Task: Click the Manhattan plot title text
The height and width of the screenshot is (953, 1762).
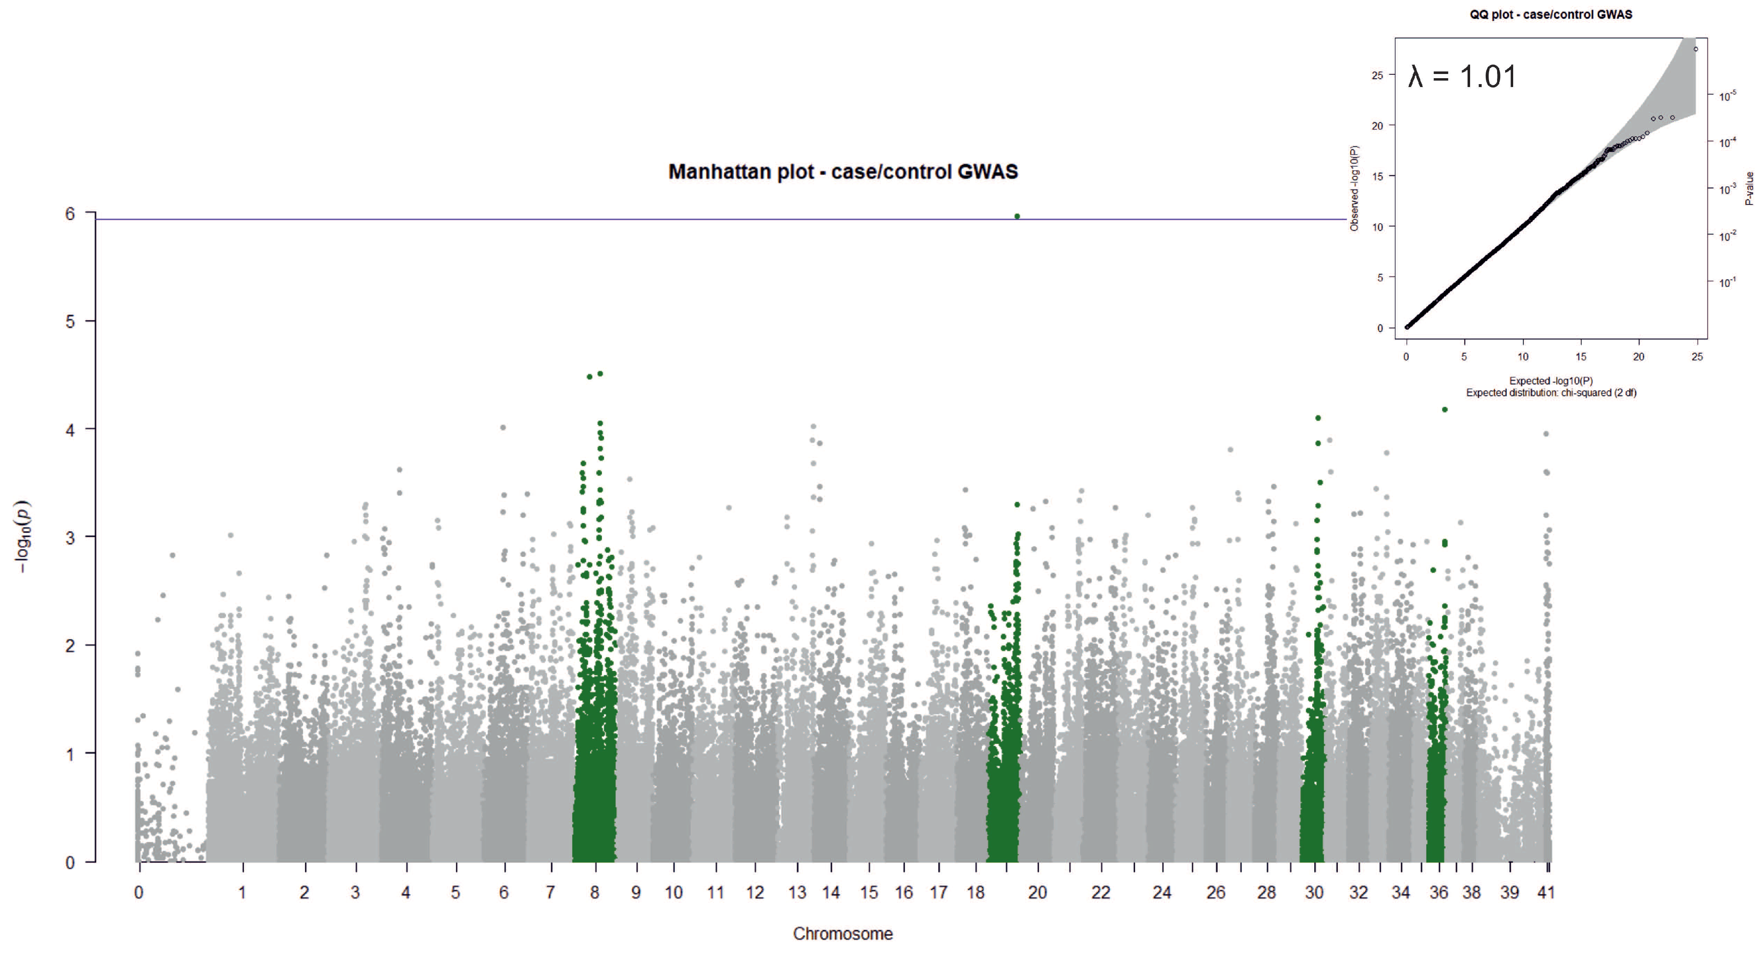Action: coord(843,172)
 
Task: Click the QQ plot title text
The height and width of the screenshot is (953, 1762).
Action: coord(1551,14)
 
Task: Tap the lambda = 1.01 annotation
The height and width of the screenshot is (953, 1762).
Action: coord(1463,76)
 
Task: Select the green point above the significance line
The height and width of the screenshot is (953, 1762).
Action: coord(1017,216)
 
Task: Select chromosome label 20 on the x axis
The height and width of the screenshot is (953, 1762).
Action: coord(1037,893)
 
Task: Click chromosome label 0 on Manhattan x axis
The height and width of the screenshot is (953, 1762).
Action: coord(139,893)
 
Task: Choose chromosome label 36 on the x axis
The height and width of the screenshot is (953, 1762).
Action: coord(1438,893)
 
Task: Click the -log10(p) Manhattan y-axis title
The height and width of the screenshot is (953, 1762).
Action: coord(22,537)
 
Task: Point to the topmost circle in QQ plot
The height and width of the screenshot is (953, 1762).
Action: coord(1696,49)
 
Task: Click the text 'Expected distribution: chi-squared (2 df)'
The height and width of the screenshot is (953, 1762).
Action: coord(1551,393)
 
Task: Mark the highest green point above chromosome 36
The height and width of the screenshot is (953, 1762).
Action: coord(1445,410)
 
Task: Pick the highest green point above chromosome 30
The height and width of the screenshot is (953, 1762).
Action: coord(1318,418)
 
